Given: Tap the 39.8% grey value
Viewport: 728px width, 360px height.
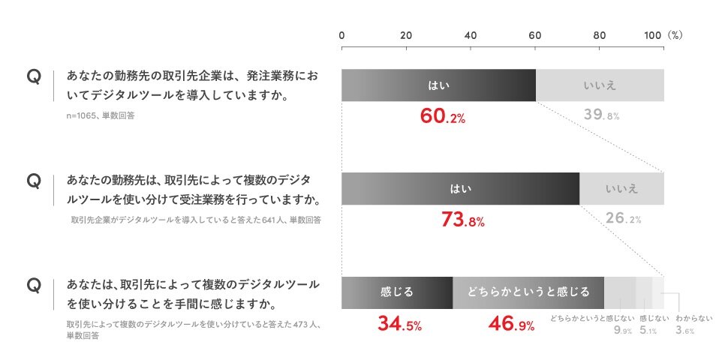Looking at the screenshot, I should click(601, 115).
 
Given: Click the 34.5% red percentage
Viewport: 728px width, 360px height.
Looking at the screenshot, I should click(399, 325).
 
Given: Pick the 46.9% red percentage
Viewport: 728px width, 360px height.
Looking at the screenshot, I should click(511, 325).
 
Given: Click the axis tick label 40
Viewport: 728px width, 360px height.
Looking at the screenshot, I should click(471, 35).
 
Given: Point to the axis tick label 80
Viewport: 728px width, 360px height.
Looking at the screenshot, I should click(600, 35).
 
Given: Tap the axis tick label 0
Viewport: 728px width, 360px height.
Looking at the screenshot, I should click(342, 35).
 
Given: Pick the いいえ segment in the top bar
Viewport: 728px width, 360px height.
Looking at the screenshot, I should click(600, 85).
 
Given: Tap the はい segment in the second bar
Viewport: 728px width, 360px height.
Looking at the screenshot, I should click(460, 188).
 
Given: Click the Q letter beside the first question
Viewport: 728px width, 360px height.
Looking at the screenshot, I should click(32, 76).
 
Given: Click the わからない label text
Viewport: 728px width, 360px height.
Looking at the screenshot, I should click(694, 318).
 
